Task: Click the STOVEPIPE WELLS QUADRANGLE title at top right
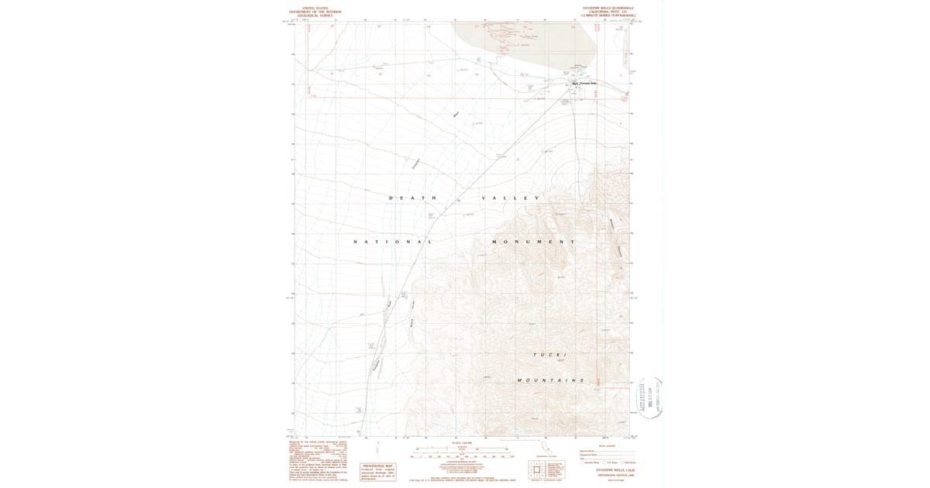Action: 608,7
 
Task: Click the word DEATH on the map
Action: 413,198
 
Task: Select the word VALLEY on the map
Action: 510,198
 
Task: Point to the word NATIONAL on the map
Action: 392,242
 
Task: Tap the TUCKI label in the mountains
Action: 549,354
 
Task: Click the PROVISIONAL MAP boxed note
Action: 379,472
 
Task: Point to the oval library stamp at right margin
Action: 650,397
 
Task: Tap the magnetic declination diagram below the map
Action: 377,450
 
